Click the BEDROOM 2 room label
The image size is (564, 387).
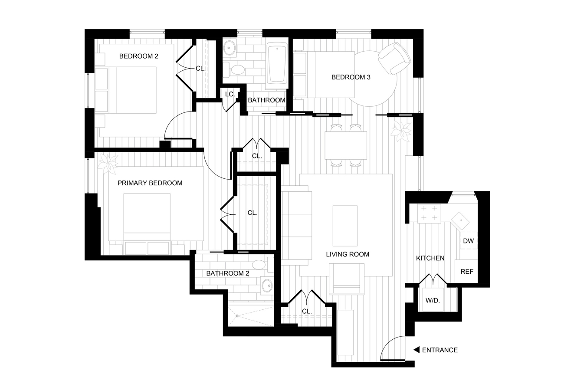coord(139,56)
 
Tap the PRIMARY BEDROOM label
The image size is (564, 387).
coord(150,183)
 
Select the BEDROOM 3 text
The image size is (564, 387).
coord(351,77)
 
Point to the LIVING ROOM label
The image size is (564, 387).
coord(348,254)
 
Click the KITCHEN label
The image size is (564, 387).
coord(430,258)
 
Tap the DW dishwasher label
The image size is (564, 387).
coord(468,241)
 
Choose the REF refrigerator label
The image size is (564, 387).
coord(467,272)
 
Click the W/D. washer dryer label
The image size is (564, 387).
coord(433,300)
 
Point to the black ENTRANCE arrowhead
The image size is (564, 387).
coord(416,350)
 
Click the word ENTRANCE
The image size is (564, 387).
coord(440,350)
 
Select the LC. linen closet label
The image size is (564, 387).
coord(230,95)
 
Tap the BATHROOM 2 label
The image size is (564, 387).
coord(228,273)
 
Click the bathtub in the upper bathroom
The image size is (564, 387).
coord(277,63)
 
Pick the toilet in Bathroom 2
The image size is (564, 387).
coord(262,265)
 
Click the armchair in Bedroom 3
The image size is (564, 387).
coord(394,58)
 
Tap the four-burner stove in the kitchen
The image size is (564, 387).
coord(429,213)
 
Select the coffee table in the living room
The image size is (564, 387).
coord(345,226)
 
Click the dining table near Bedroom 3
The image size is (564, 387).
coord(346,145)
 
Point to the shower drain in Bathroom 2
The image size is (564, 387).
coord(237,316)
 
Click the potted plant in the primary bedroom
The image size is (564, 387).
coord(108,164)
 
